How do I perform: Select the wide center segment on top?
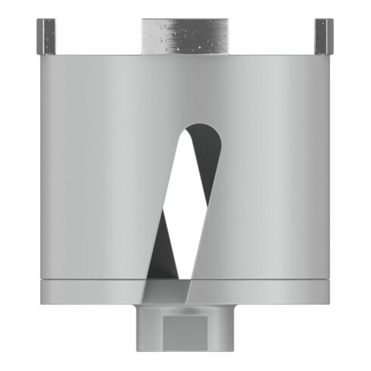[184, 34]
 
